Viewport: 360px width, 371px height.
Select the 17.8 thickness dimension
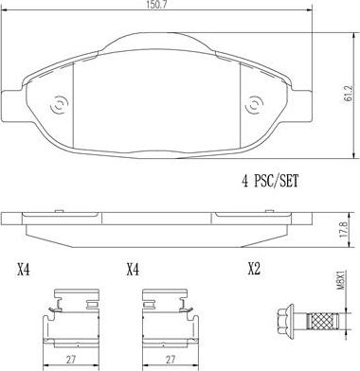click(x=349, y=229)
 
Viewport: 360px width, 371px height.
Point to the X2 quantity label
click(x=253, y=270)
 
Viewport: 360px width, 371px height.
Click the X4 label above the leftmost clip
click(x=24, y=270)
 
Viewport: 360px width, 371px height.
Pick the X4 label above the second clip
click(x=134, y=270)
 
